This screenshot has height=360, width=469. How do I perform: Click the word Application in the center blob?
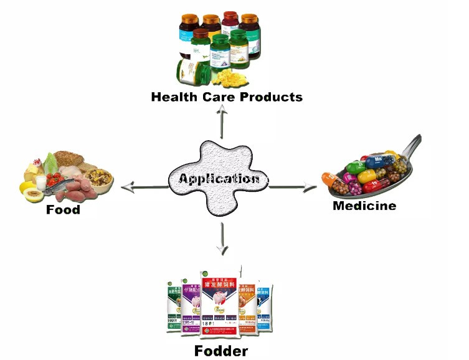[x=219, y=179]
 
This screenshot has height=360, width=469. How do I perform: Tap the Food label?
[x=63, y=209]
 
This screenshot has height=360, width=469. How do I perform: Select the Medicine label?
[x=364, y=206]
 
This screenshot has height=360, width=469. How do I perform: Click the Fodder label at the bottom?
[x=221, y=351]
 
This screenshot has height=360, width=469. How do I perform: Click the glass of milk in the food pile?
[x=41, y=182]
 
